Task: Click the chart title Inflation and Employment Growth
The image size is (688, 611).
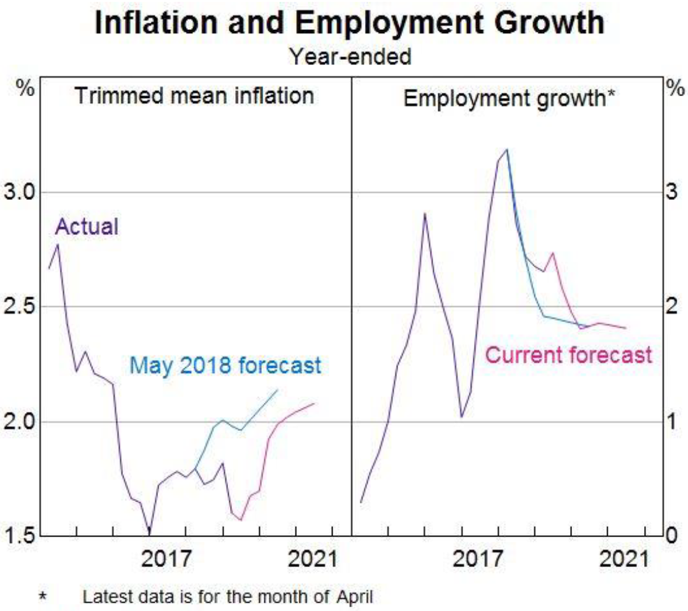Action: pos(350,24)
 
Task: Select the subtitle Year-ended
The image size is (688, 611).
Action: pos(350,57)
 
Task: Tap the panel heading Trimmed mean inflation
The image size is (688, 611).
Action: pos(194,97)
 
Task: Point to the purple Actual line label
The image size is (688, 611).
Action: pos(87,227)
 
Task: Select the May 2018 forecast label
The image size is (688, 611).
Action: pos(225,366)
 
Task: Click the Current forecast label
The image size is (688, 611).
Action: pos(569,355)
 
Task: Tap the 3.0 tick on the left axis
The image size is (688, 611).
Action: pos(19,192)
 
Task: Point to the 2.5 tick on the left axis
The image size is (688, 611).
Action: pos(19,307)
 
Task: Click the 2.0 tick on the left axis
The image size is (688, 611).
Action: pos(19,421)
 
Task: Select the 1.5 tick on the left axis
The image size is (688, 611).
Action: pos(19,536)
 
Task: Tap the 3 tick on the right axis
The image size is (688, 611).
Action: pos(670,192)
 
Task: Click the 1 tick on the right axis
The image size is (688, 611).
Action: pos(670,421)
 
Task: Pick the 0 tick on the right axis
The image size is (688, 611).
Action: pos(670,536)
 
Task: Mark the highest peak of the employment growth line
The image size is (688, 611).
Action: pos(507,150)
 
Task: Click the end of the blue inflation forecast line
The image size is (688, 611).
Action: pos(278,390)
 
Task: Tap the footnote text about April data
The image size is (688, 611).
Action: pos(227,597)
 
